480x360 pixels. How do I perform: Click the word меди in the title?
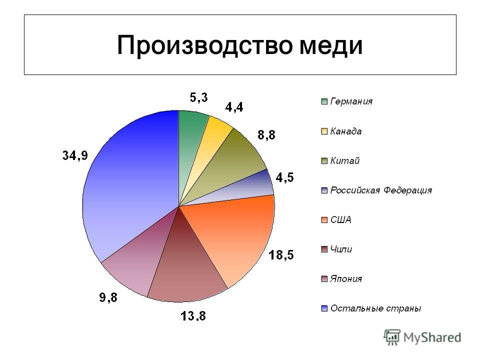(331, 46)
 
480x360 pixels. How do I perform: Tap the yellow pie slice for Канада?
(211, 147)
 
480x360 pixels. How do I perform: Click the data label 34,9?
(75, 155)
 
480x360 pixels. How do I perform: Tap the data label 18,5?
(281, 254)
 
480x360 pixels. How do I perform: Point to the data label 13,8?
(193, 315)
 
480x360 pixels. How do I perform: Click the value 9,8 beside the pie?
(108, 297)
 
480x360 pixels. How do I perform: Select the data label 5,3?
(198, 97)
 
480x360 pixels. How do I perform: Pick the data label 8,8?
(266, 134)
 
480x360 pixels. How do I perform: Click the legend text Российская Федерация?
(381, 190)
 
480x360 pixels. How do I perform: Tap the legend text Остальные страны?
(375, 308)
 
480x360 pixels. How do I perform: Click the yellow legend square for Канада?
(324, 131)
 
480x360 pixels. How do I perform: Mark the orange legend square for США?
(324, 220)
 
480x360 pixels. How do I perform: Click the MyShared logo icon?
(392, 337)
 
